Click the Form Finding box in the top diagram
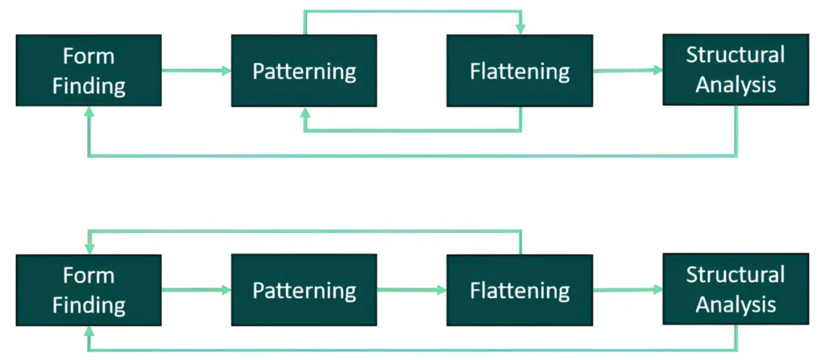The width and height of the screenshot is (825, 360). [x=89, y=71]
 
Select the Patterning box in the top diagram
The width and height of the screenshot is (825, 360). [x=304, y=71]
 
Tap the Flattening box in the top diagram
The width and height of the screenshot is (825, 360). [x=520, y=71]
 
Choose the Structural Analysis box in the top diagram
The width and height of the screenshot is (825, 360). [x=736, y=70]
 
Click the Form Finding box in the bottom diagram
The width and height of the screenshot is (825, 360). [x=89, y=290]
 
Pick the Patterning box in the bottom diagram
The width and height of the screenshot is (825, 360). [x=304, y=290]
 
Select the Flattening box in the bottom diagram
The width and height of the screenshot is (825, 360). [x=520, y=290]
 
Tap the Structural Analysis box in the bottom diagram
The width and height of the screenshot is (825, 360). [x=736, y=289]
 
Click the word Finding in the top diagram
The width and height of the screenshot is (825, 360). [x=89, y=86]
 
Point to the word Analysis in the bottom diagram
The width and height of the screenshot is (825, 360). [x=736, y=304]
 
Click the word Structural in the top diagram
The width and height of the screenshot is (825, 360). [x=736, y=55]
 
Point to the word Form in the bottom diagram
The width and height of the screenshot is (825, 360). [x=89, y=275]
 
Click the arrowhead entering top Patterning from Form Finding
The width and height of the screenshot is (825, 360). [x=226, y=71]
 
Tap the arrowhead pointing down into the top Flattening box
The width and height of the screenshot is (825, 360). [x=520, y=30]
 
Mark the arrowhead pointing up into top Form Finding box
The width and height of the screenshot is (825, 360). [x=89, y=111]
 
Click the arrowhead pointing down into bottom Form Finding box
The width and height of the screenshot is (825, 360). [x=89, y=250]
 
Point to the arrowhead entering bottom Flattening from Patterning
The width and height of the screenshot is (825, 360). [x=442, y=290]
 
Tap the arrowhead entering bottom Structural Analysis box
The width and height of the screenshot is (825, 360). [x=658, y=289]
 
